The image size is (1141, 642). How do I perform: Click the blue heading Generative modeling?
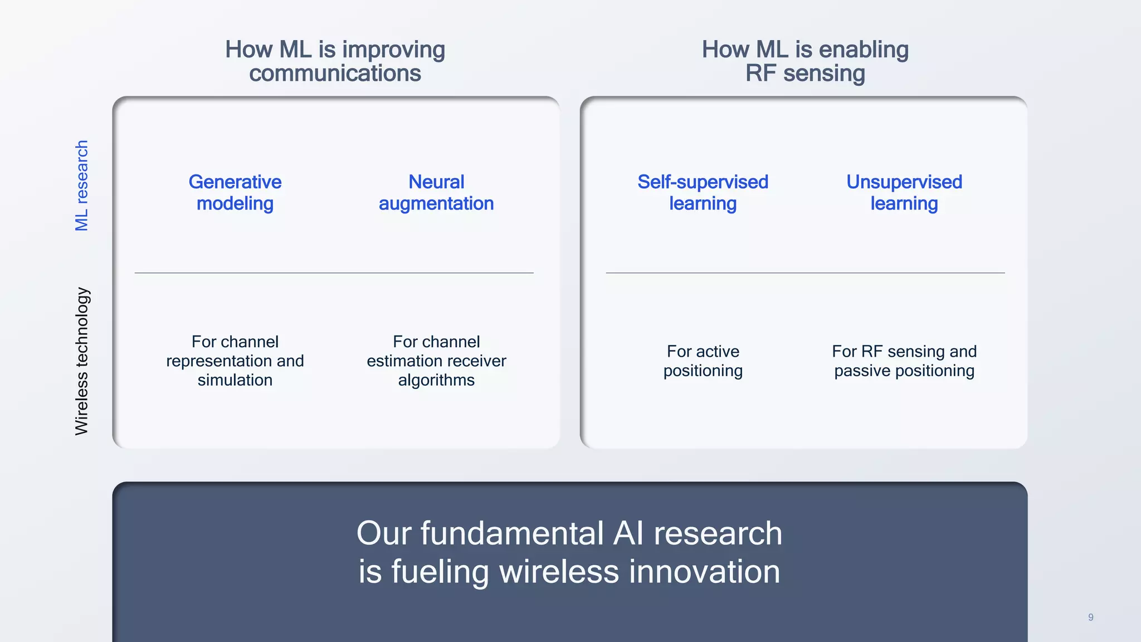[x=235, y=192]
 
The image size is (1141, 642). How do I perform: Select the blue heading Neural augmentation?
[x=436, y=192]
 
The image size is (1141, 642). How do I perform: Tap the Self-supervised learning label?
[x=703, y=192]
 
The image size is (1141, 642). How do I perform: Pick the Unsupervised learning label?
[x=904, y=192]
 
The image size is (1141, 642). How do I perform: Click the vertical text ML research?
[x=82, y=186]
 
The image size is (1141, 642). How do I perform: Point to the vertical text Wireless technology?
[x=82, y=361]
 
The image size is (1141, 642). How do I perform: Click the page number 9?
[x=1090, y=617]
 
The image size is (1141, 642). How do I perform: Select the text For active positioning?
[x=703, y=361]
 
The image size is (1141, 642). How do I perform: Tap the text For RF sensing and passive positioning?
[x=904, y=361]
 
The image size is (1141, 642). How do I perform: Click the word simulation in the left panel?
[x=235, y=380]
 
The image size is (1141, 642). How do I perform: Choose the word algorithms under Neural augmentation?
[x=436, y=380]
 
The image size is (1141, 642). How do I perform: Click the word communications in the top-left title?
[x=335, y=74]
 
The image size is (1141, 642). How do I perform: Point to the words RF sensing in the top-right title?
[x=805, y=74]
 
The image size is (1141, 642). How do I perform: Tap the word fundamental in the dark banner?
[x=512, y=533]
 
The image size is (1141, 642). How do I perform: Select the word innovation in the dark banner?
[x=704, y=572]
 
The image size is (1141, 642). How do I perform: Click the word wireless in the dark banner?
[x=559, y=572]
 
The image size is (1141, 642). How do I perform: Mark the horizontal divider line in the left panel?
[x=334, y=273]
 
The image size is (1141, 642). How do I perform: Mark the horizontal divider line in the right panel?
[x=805, y=273]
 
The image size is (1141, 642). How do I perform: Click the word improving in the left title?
[x=393, y=50]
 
